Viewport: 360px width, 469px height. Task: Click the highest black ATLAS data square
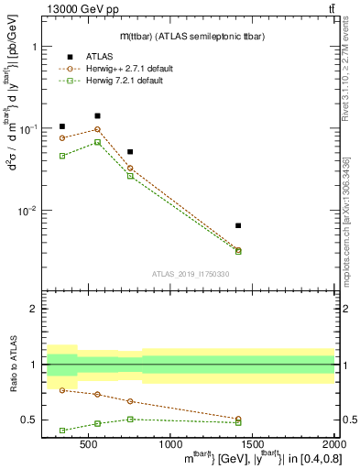tap(98, 116)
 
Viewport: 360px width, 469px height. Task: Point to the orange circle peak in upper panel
tap(98, 129)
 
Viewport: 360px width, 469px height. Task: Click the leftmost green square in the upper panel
tap(62, 156)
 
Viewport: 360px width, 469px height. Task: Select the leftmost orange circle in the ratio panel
tap(62, 390)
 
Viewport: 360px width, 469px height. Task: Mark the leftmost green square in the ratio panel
tap(62, 430)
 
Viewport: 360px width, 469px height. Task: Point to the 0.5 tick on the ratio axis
tap(35, 420)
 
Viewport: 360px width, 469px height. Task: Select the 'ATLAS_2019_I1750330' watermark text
tap(190, 273)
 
